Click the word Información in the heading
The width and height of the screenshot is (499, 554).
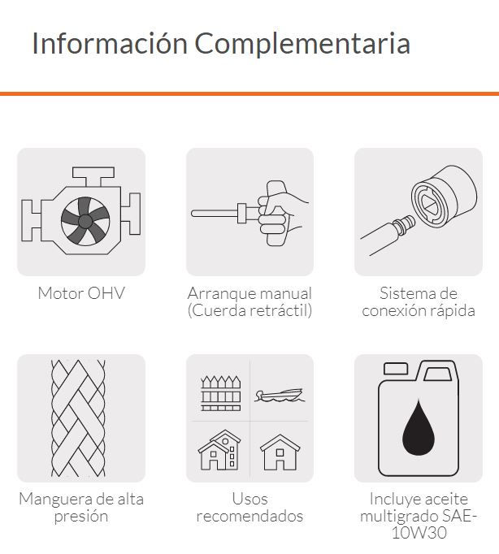pos(110,43)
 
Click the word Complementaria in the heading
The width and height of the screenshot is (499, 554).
pos(302,44)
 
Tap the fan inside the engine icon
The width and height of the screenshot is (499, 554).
pos(85,221)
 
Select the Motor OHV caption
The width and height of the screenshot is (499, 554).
pos(81,293)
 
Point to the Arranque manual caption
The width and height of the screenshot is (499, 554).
pos(249,293)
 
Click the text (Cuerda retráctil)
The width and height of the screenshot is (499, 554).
pos(249,310)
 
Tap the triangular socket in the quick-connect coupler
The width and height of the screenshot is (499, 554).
pos(431,205)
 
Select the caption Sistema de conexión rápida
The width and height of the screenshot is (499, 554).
pos(419,302)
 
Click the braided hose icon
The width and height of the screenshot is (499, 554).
pos(78,418)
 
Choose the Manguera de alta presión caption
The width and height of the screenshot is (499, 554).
pos(81,508)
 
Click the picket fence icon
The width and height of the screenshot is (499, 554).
pos(221,394)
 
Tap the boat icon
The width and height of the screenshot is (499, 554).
pos(280,396)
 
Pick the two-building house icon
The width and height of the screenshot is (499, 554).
pos(219,450)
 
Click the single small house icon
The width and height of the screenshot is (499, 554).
pos(280,452)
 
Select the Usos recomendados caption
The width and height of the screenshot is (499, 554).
pos(249,508)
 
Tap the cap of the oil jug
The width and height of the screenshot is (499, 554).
pos(396,369)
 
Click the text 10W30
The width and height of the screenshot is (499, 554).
pos(419,532)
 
